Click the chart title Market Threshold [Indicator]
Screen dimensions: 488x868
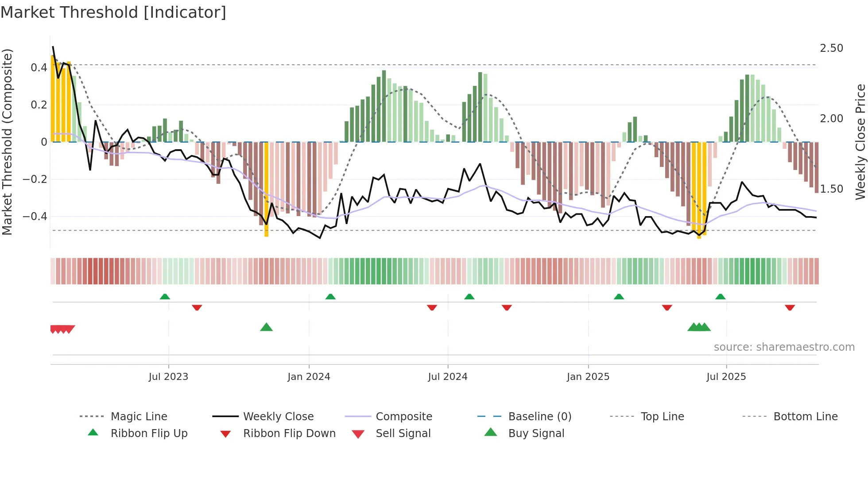pos(113,12)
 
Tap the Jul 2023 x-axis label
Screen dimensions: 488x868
pos(168,377)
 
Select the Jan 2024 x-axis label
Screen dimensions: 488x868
pos(309,377)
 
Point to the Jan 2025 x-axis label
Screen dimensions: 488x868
pos(588,377)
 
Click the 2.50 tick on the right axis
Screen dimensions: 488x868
pos(831,48)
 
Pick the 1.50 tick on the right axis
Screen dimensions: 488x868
pos(831,189)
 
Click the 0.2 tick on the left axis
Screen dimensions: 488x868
pos(39,105)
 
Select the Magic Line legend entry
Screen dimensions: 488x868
pos(139,417)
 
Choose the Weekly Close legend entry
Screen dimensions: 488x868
pos(278,417)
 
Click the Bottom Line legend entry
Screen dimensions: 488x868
pos(805,417)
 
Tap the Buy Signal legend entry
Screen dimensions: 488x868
pos(536,434)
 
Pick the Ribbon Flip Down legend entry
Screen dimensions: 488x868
pos(289,434)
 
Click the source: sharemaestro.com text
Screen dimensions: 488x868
pos(784,347)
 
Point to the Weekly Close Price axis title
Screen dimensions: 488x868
pos(860,142)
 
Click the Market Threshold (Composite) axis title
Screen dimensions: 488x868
pos(7,142)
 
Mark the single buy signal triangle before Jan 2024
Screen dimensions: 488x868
pos(266,327)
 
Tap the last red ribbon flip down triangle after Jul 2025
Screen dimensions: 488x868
pos(790,307)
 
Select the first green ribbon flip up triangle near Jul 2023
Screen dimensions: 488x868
pos(165,296)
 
